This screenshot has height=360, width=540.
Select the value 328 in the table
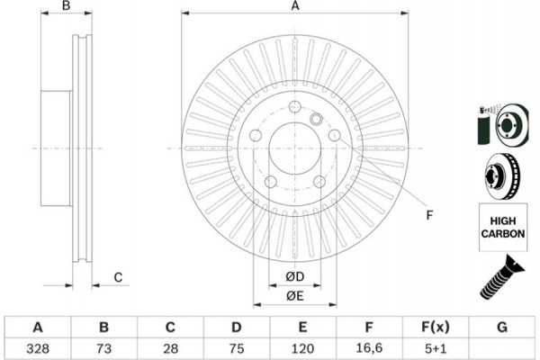point(38,347)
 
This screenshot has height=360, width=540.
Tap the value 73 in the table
point(103,347)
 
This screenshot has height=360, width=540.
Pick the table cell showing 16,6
point(368,347)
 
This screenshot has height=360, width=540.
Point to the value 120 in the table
point(302,347)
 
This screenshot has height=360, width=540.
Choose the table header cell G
point(501,326)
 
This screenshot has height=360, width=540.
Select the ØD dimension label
point(295,275)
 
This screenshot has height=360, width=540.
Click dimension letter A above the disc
point(294,6)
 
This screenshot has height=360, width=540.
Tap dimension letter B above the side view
point(65,6)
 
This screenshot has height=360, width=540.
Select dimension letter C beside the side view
point(117,276)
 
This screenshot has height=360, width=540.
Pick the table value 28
point(170,347)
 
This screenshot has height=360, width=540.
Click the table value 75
point(236,347)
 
